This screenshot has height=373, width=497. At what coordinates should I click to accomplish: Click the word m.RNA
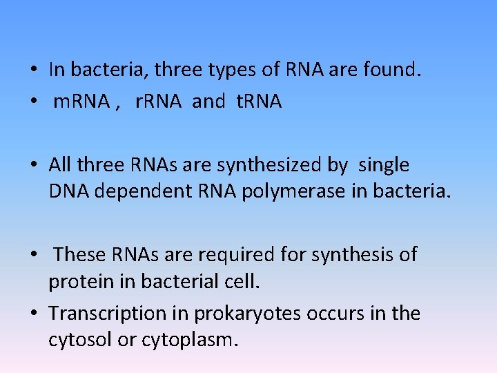coord(81,102)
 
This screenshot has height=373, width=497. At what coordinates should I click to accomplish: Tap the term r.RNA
coord(158,102)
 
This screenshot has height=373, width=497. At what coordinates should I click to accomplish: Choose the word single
coord(383,166)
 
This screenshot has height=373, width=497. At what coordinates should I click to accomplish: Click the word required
coord(234,256)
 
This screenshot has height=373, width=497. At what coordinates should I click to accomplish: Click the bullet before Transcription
coord(33,314)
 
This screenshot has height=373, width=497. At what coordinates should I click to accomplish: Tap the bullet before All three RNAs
coord(33,166)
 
